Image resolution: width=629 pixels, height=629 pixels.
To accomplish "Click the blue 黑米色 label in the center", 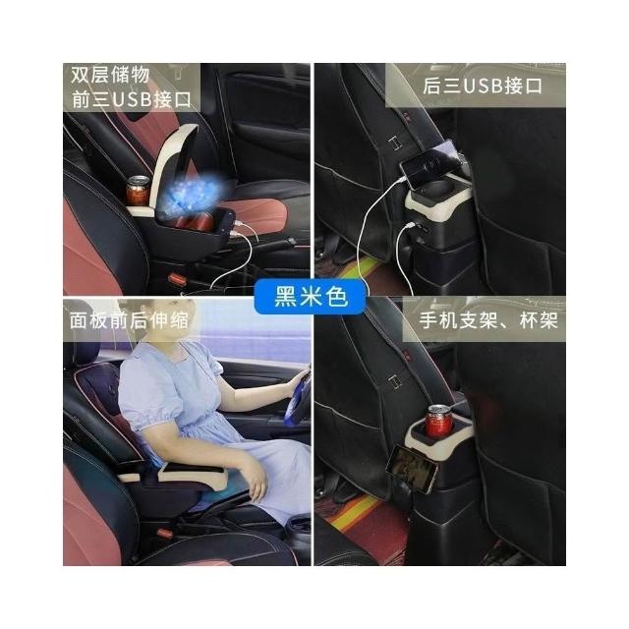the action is [x=311, y=297].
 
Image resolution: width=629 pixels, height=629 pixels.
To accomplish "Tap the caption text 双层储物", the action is [x=110, y=75].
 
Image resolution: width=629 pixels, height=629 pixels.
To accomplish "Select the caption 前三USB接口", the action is [x=132, y=99].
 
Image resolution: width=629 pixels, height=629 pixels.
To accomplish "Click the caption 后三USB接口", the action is [x=483, y=86].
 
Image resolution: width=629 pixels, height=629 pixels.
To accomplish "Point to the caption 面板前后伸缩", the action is [x=129, y=320].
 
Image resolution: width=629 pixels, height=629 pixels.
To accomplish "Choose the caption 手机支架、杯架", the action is [x=488, y=320].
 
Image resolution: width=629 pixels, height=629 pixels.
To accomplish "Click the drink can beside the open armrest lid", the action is [x=138, y=191].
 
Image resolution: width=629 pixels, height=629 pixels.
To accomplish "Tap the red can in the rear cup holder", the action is [x=438, y=422].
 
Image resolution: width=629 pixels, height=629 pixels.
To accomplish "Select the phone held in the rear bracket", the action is [x=411, y=469].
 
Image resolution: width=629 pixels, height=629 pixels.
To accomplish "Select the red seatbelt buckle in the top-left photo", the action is [x=177, y=279].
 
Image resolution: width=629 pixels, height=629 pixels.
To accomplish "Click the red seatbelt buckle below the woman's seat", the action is [x=165, y=533].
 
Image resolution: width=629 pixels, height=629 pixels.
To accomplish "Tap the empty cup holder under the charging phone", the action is [x=438, y=188].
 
